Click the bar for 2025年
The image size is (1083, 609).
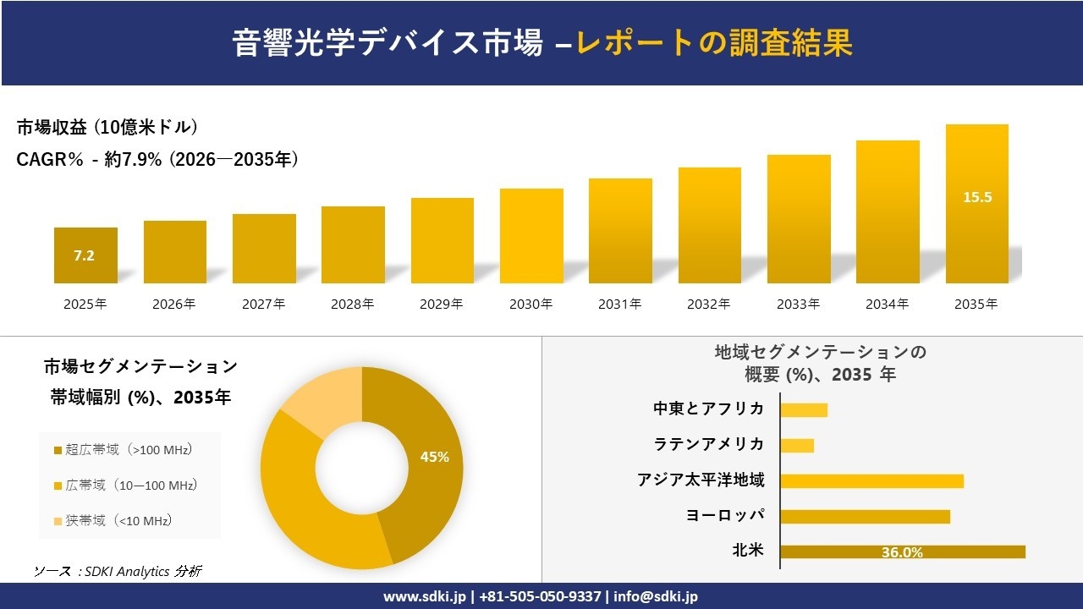tap(85, 255)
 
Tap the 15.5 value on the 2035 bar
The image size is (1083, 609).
tap(977, 197)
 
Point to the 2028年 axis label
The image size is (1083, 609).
tap(353, 304)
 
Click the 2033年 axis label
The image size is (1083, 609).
tap(798, 304)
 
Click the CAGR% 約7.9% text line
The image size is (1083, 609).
tap(157, 160)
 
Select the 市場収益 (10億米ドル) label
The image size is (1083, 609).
tap(107, 128)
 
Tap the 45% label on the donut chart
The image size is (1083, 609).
tap(434, 457)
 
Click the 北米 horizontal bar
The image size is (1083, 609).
tap(902, 551)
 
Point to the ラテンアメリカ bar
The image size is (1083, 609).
tap(797, 445)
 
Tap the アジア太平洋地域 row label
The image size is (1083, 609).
tap(701, 480)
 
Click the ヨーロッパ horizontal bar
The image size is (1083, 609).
tap(865, 516)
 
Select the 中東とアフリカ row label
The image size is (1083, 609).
tap(708, 409)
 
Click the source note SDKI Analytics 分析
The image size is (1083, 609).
tap(118, 572)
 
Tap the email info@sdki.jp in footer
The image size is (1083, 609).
tap(656, 596)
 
